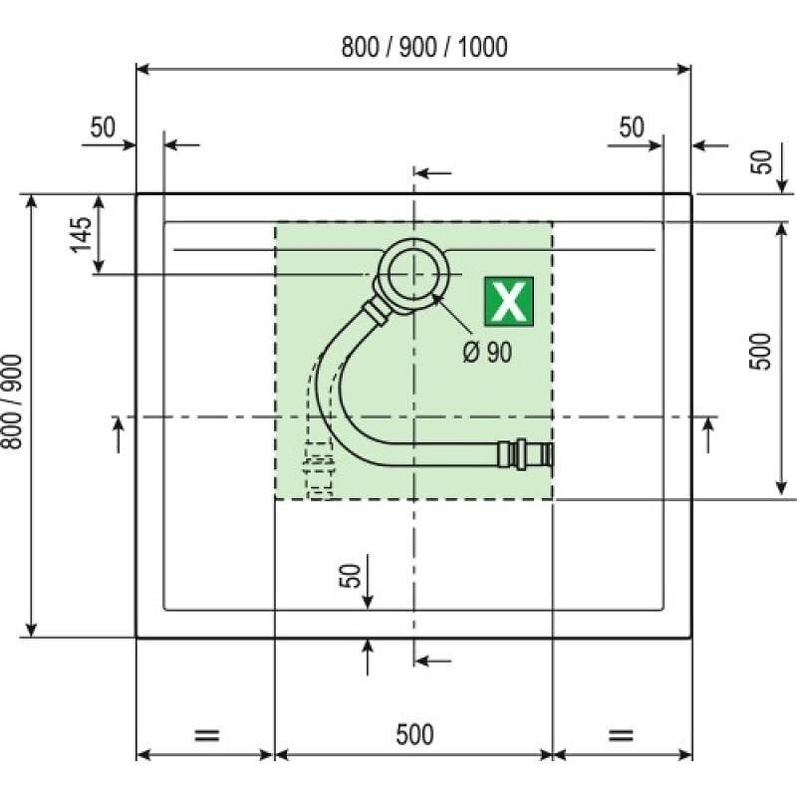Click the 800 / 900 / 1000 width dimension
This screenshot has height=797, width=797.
coord(424,47)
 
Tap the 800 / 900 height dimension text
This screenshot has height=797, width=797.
coord(12,402)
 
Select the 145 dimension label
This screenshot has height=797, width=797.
coord(82,235)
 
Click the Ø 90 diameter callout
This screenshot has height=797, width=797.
coord(487,352)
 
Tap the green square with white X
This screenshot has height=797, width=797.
coord(509,301)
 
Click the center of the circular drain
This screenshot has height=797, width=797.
coord(413,273)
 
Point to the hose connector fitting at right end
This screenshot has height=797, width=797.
coord(525,453)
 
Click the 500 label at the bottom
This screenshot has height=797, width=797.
coord(414,734)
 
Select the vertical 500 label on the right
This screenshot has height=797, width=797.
coord(760,352)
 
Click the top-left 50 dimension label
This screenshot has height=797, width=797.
coord(103,128)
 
